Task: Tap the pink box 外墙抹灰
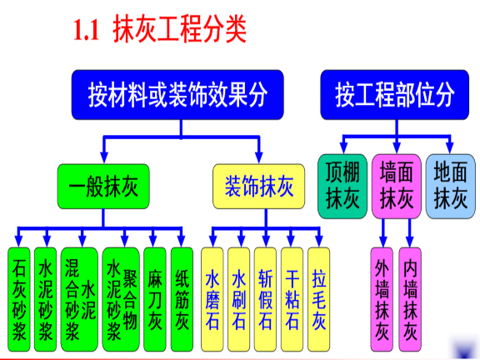pos(382,300)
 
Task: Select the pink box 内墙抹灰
pos(410,300)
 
